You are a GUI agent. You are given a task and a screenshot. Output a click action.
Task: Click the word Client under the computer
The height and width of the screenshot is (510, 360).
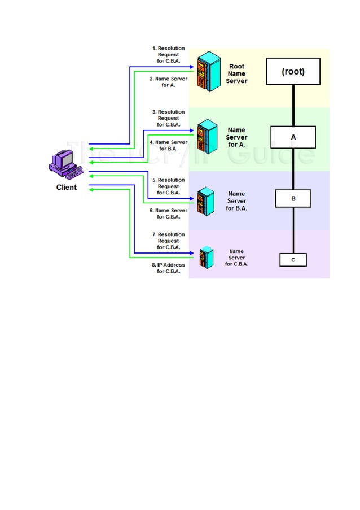67,187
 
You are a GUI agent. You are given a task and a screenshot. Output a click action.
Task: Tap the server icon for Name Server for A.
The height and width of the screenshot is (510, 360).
207,137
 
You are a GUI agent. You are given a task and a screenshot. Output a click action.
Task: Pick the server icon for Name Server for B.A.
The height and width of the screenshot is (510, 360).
205,200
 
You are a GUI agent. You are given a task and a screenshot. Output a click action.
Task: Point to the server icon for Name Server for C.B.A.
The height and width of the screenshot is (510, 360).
206,257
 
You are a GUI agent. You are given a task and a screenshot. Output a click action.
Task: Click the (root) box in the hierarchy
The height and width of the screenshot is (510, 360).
293,72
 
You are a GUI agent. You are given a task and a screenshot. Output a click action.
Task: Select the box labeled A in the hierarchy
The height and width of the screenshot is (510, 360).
293,137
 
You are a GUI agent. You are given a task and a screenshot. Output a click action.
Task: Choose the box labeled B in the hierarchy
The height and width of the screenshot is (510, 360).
293,199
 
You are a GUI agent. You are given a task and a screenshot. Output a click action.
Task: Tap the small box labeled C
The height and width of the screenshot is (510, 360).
293,260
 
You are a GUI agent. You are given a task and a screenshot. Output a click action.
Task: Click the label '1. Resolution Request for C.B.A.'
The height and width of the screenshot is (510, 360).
169,55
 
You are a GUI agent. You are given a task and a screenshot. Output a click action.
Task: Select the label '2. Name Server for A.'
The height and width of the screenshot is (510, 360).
168,82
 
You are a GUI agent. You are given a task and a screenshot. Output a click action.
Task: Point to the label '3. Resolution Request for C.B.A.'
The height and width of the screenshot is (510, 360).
169,119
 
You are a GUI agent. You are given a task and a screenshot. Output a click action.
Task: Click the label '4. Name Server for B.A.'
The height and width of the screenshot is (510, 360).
168,146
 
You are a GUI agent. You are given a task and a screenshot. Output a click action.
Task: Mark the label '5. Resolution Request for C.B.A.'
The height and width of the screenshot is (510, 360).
169,186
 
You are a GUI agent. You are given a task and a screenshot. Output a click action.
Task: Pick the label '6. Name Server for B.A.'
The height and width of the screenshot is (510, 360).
168,213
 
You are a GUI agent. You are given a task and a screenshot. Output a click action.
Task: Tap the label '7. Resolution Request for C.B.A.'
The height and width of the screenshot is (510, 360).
169,241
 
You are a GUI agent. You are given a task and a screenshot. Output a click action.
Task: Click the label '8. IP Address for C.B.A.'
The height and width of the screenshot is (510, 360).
168,268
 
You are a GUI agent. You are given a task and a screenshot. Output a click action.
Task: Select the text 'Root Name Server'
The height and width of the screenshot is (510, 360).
236,73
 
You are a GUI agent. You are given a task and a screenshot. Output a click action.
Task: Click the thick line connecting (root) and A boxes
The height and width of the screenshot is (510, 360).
293,106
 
